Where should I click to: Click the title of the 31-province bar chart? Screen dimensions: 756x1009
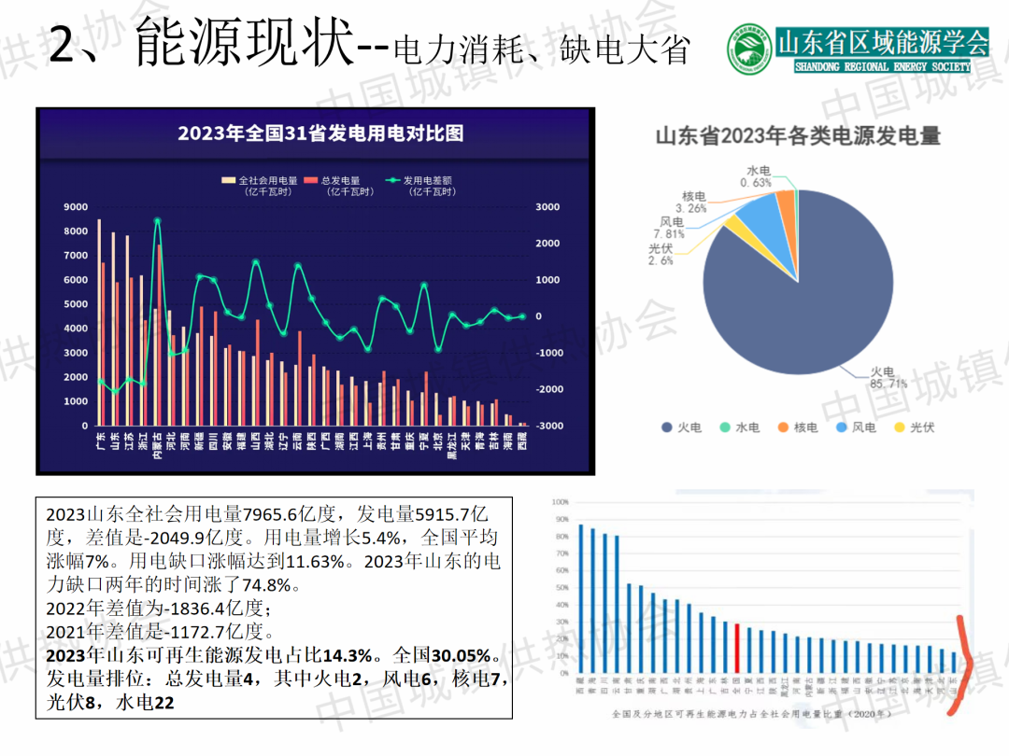pyautogui.click(x=320, y=133)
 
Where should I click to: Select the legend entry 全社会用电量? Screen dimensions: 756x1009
pyautogui.click(x=261, y=180)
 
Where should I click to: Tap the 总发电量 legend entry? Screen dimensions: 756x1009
pyautogui.click(x=340, y=180)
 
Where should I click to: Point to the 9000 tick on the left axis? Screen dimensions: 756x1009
pyautogui.click(x=76, y=207)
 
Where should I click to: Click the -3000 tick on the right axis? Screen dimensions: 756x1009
pyautogui.click(x=550, y=426)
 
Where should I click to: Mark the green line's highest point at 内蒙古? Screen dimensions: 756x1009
pyautogui.click(x=157, y=221)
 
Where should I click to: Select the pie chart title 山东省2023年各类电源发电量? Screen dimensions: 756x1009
pyautogui.click(x=797, y=136)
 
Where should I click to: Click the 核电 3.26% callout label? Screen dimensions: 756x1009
pyautogui.click(x=694, y=203)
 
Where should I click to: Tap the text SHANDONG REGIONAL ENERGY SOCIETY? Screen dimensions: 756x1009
pyautogui.click(x=882, y=67)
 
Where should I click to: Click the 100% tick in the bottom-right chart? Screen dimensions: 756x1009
pyautogui.click(x=560, y=502)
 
